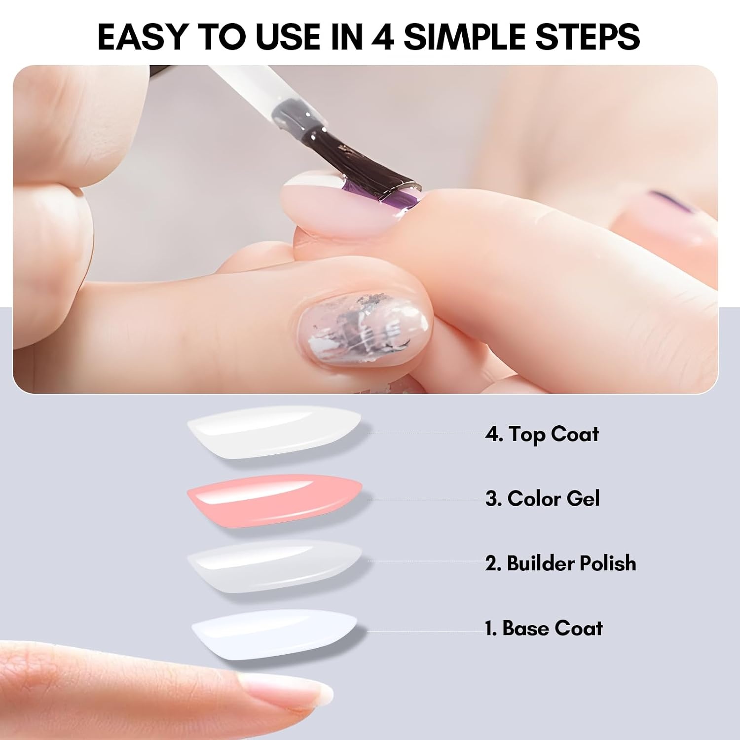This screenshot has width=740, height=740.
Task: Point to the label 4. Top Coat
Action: click(x=542, y=434)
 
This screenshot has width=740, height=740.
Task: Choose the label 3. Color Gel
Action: click(x=542, y=498)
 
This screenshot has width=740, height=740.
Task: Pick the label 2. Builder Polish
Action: click(x=560, y=563)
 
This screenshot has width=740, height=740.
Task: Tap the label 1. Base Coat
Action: click(x=544, y=628)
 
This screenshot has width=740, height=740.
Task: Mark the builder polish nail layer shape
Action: click(x=275, y=566)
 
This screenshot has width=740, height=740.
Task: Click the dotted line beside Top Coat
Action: click(x=426, y=433)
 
